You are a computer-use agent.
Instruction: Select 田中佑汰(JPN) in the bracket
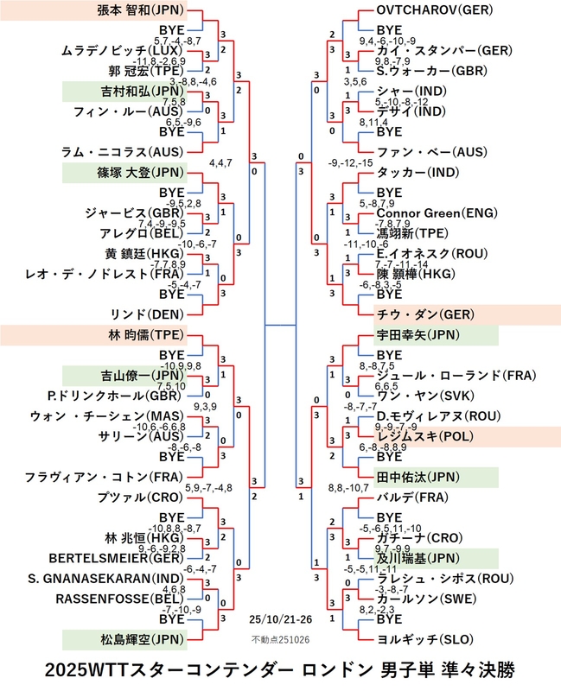coord(418,477)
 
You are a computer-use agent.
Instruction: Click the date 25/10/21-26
coord(280,619)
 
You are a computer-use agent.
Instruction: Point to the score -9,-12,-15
coord(350,163)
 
